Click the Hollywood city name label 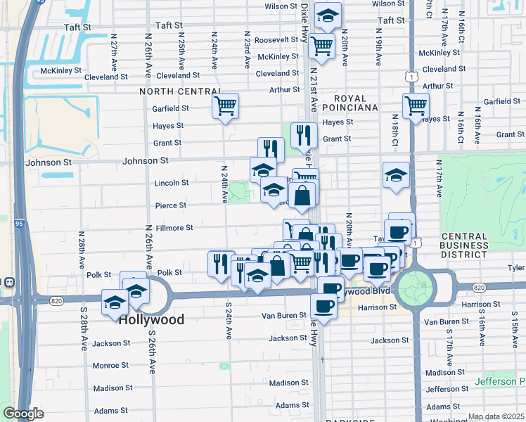point(151,319)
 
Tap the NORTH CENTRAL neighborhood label point(181,91)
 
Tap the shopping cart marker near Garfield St point(226,107)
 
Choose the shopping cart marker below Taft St point(321,47)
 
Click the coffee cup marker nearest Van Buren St point(323,306)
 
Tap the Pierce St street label point(172,205)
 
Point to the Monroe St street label point(110,366)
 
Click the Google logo point(23,414)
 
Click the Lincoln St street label point(172,183)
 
